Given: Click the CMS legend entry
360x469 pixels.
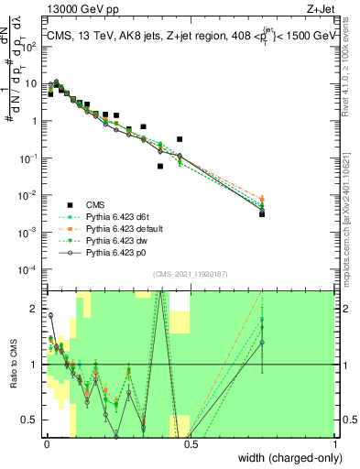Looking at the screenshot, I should coord(95,204).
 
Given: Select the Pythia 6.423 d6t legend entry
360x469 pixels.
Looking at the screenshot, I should coord(118,216).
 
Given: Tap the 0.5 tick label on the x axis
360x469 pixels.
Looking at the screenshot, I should coord(190,444).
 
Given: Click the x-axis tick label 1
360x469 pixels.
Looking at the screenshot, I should coord(335,444).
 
